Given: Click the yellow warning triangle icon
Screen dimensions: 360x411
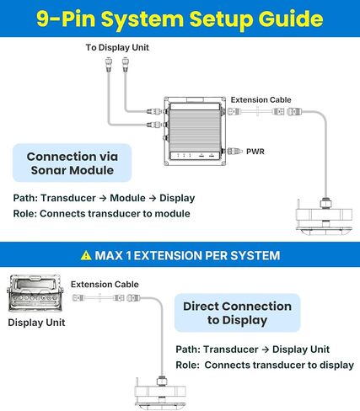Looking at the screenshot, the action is point(86,255).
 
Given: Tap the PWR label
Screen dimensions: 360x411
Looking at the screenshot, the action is point(255,152).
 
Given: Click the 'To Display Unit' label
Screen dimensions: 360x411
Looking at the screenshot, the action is point(117,47).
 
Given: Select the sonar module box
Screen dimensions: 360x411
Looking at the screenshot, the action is point(195,131).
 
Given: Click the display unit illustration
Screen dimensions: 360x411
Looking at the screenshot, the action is point(35,293).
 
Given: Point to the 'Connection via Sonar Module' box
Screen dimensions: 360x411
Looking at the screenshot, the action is point(73,163).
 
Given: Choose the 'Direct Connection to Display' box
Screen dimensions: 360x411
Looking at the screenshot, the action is point(238,312).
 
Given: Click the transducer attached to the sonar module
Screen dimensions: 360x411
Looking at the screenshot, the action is point(325,215).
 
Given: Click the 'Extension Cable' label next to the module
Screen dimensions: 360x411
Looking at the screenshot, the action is point(261,100).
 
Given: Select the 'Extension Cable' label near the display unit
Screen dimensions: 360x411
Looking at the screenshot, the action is point(105,285).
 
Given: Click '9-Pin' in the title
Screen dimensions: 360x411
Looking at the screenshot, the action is point(66,19).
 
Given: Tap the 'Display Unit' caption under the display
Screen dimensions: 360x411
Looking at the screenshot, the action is point(36,323).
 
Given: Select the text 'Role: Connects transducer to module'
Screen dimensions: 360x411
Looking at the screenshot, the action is point(102,214).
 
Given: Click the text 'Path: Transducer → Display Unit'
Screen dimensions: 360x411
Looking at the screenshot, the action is point(252,350).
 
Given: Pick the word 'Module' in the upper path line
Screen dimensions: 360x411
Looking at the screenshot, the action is point(127,198).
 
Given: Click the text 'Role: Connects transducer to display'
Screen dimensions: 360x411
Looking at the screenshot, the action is point(265,365).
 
